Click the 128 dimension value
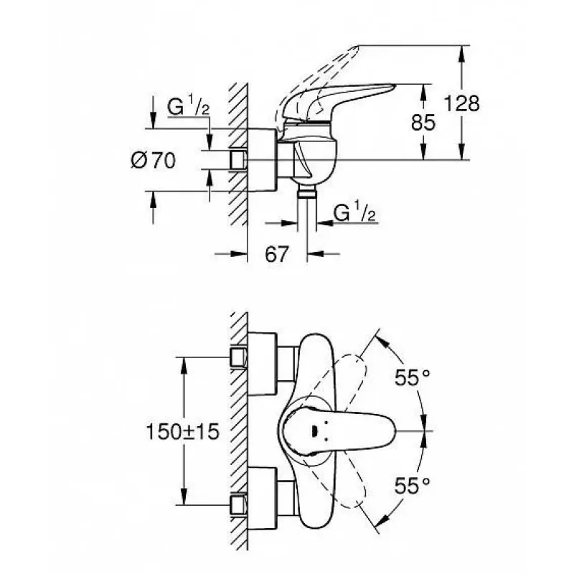point(461,103)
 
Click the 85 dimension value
point(423,122)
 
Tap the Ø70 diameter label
point(153,160)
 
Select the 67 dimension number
point(277,254)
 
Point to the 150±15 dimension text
point(183,431)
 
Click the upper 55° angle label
point(412,377)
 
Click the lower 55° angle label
point(412,486)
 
